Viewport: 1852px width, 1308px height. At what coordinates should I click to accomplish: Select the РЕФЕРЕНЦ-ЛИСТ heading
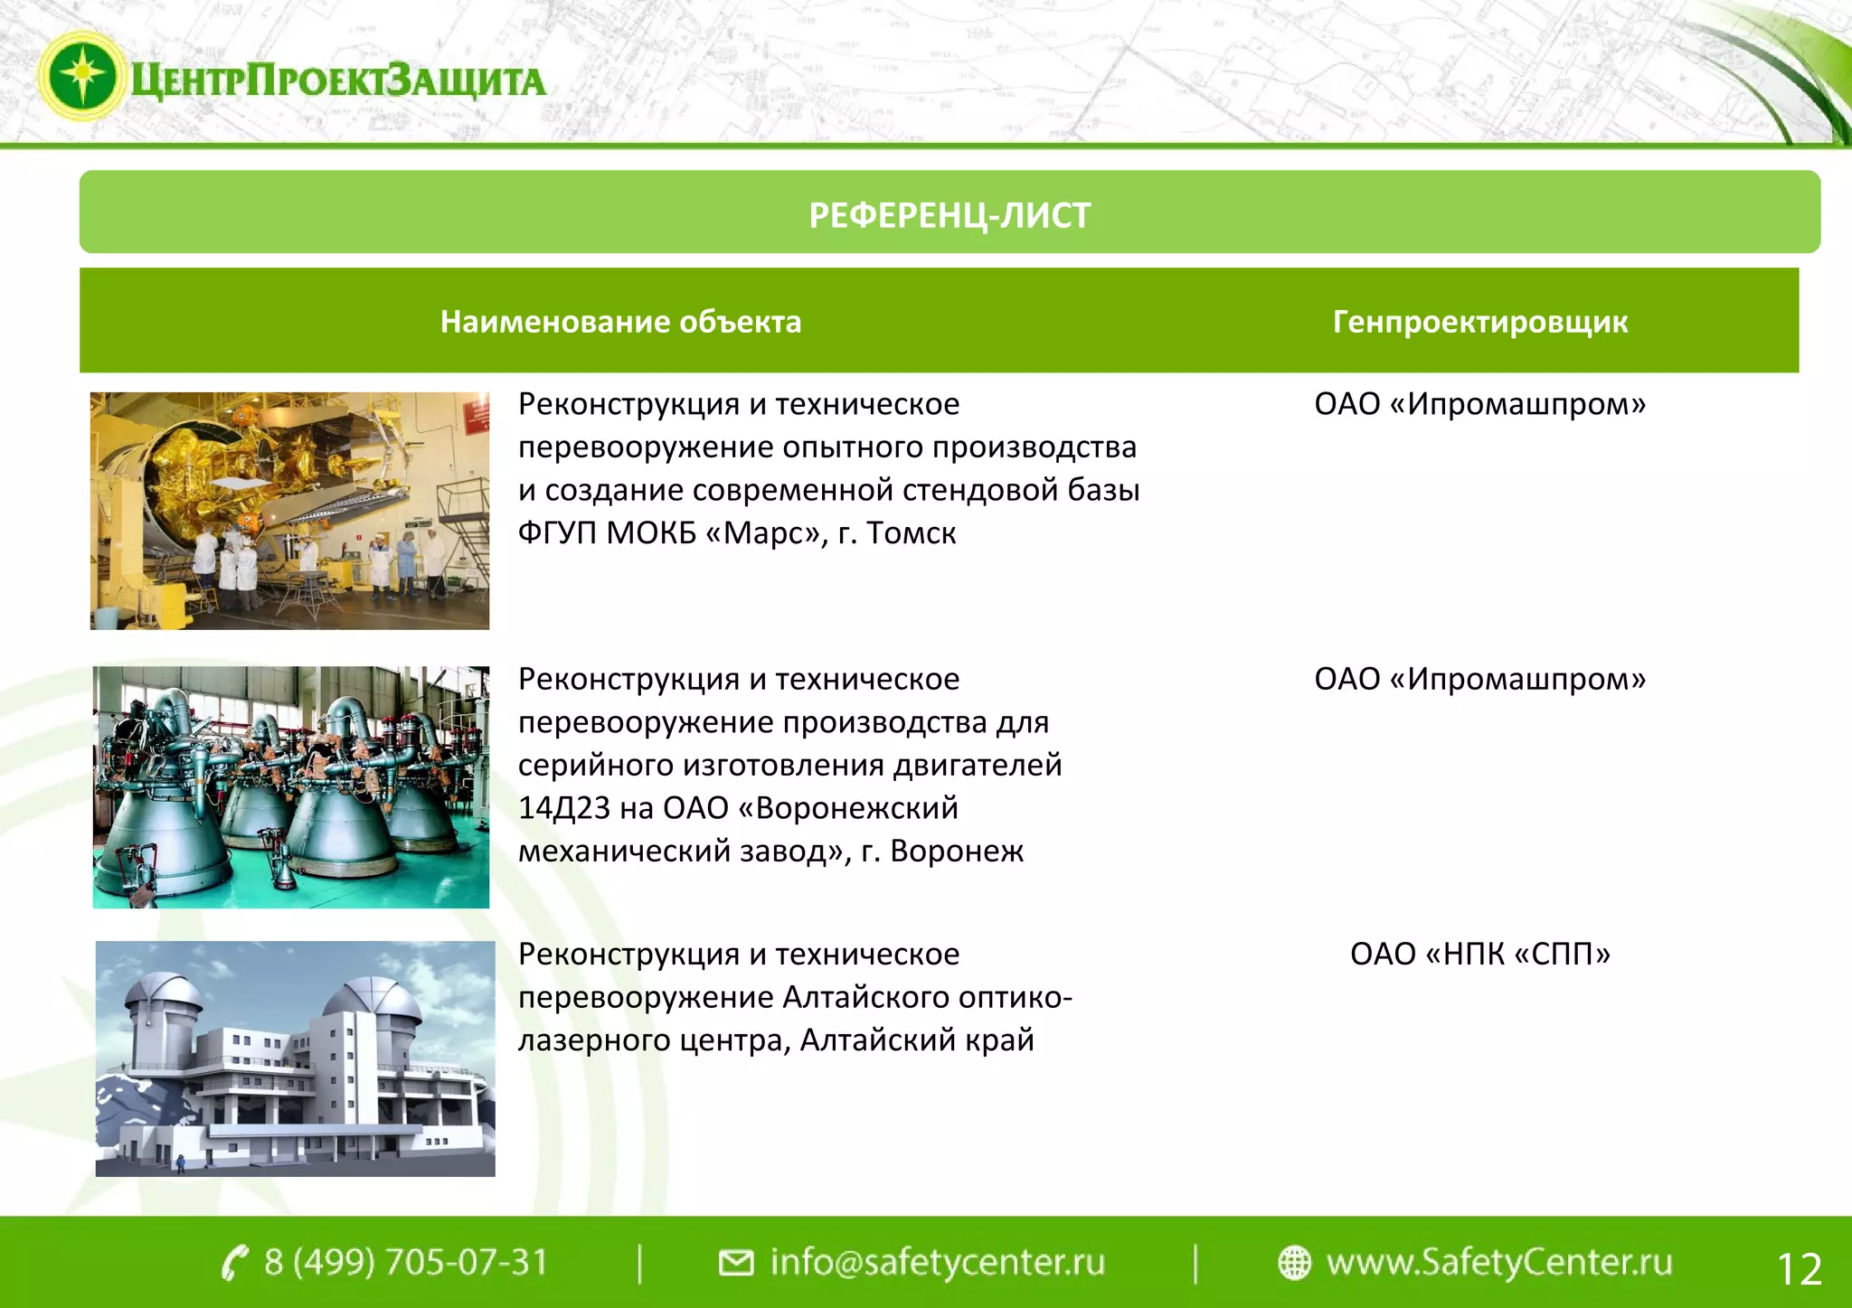click(950, 216)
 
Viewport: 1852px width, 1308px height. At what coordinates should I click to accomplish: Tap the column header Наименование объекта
click(620, 322)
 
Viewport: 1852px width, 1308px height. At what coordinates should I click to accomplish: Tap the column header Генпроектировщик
click(1480, 322)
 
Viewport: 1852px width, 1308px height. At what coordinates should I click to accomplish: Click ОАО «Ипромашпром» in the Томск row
click(1480, 404)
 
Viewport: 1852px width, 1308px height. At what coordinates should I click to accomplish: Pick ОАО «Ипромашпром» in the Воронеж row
click(1480, 679)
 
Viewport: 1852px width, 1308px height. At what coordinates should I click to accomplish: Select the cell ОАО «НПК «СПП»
click(1480, 954)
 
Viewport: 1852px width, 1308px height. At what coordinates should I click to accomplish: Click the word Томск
click(911, 533)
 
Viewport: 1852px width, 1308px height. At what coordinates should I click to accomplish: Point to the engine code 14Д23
click(564, 808)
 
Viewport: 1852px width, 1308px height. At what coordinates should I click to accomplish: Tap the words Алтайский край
click(917, 1040)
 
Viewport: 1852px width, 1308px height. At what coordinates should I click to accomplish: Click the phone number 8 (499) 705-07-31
click(406, 1262)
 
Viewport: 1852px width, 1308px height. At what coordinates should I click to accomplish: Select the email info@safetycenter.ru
click(937, 1262)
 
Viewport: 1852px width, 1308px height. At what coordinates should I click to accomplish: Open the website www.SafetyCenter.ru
click(1498, 1262)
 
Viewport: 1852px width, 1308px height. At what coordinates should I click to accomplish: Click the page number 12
click(1799, 1269)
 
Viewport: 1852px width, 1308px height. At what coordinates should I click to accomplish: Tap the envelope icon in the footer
click(735, 1263)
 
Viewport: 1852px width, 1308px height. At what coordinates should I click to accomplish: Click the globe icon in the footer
click(1294, 1263)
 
